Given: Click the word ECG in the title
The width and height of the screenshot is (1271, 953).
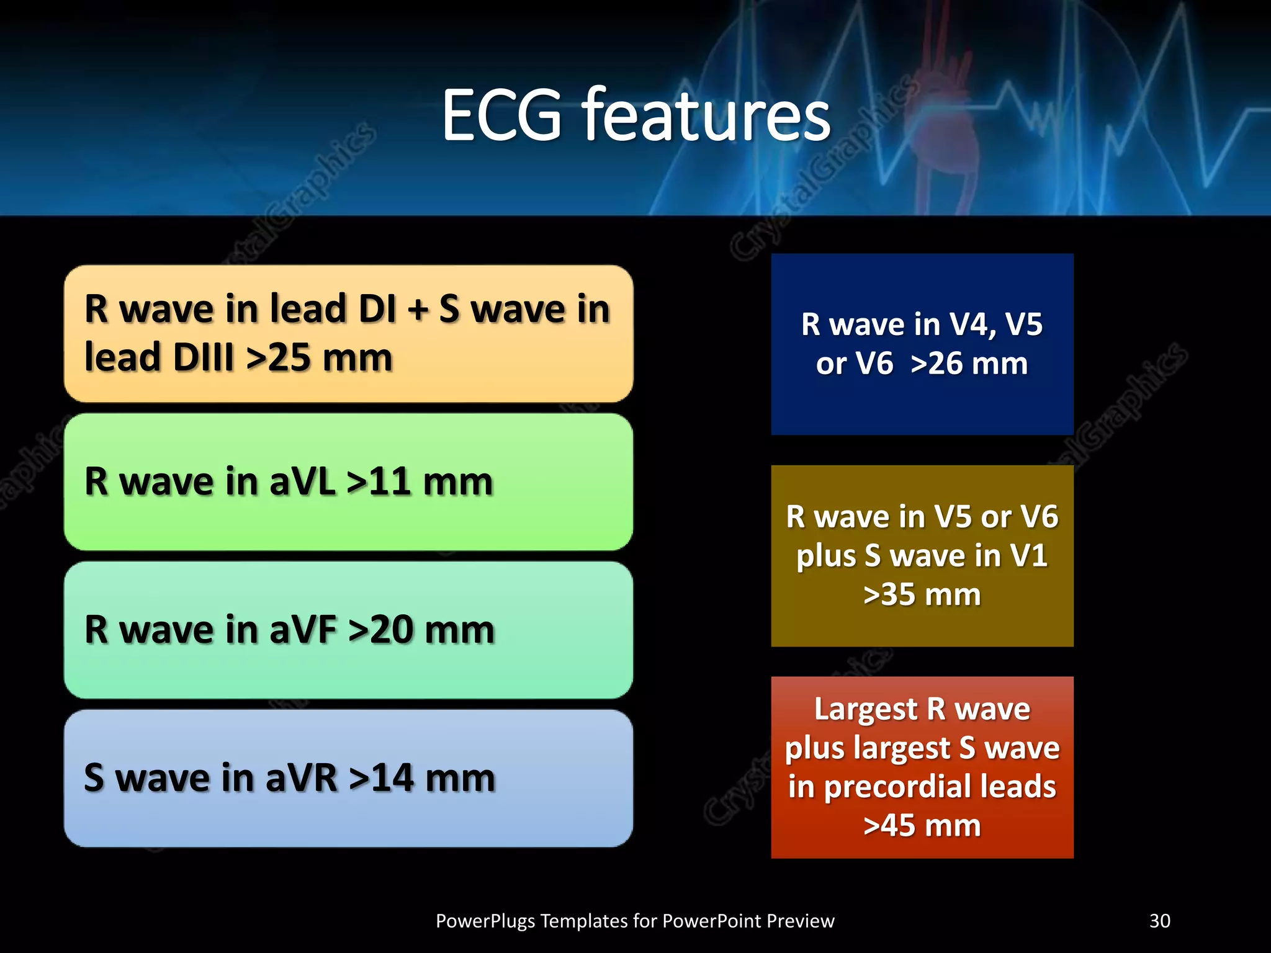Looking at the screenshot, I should click(501, 116).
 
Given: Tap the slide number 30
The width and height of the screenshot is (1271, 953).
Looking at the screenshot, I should click(1159, 921).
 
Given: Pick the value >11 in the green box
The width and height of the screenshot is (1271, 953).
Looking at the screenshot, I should click(379, 482).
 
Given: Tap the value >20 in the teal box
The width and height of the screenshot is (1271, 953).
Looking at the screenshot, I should click(381, 630).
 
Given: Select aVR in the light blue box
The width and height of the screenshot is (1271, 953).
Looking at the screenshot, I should click(302, 779).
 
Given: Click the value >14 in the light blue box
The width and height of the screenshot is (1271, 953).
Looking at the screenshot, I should click(381, 779).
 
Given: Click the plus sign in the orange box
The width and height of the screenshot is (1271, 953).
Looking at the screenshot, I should click(418, 310).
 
